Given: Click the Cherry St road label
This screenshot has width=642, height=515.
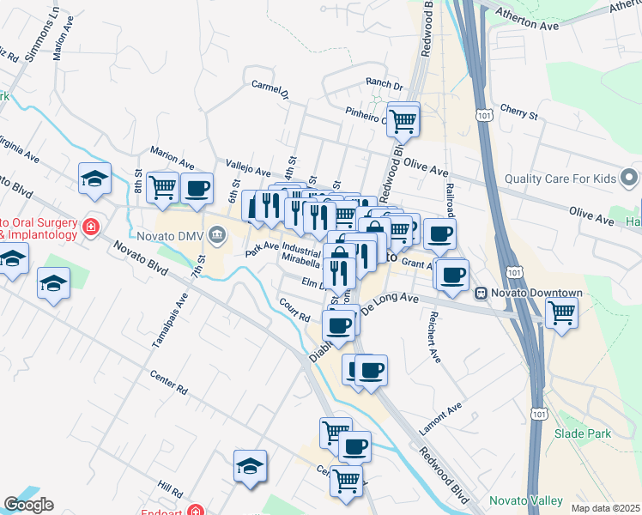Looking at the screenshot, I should click(518, 112).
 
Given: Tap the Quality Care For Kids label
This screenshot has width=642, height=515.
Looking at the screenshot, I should click(560, 179).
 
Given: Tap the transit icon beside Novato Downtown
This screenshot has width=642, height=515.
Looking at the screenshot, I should click(482, 293).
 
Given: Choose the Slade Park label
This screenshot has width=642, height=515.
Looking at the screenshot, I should click(583, 433).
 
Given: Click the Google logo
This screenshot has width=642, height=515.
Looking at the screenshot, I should click(28, 505).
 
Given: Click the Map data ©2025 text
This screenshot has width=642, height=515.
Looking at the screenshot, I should click(604, 508).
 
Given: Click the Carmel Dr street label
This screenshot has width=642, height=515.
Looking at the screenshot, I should click(270, 89).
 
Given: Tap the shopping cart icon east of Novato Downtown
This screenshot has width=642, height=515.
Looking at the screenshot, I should click(561, 313).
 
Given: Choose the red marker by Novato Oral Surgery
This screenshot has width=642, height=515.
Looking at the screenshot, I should click(91, 227).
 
